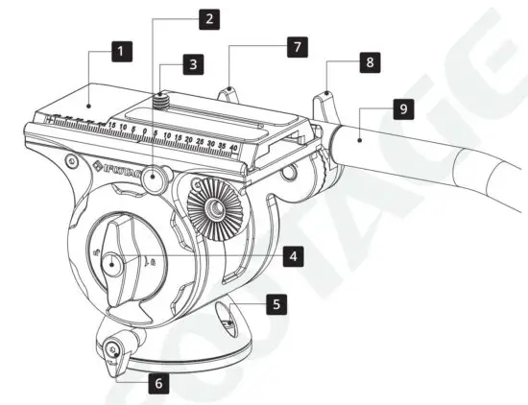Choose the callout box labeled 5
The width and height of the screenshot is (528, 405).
click(x=276, y=304)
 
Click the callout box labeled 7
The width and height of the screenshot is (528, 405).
click(x=299, y=45)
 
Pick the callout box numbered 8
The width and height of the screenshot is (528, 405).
click(x=369, y=61)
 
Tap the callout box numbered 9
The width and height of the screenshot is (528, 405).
click(x=401, y=109)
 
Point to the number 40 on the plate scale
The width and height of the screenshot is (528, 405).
click(x=233, y=146)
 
